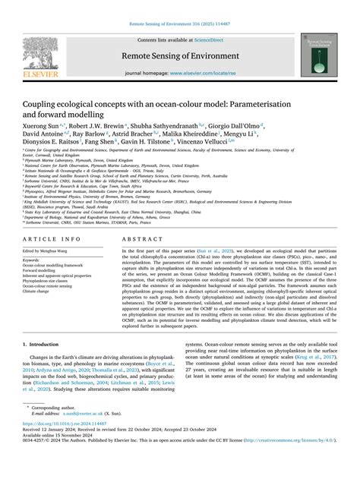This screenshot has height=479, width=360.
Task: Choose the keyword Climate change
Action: coord(44,269)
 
